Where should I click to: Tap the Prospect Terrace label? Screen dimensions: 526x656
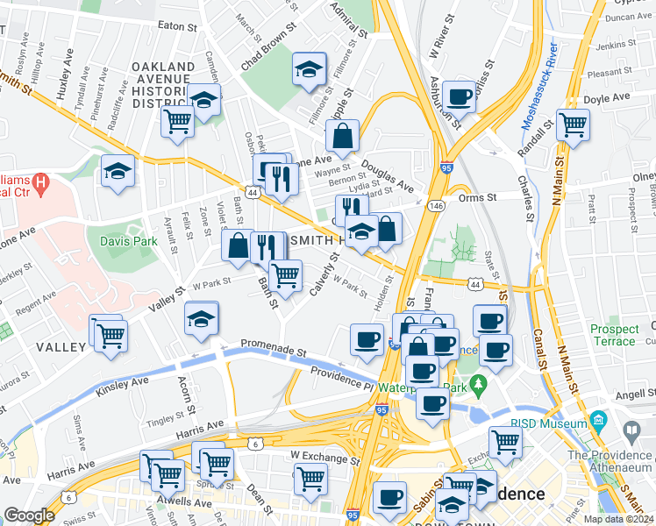pos(615,336)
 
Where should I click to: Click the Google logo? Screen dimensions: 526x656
pos(29,515)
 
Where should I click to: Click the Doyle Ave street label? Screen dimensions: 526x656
pos(607,98)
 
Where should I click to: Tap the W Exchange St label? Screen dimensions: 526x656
pos(326,458)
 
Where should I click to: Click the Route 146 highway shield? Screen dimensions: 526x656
pos(435,205)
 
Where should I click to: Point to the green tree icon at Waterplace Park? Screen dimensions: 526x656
pos(478,383)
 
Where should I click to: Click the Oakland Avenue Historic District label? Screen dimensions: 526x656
pos(162,85)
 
